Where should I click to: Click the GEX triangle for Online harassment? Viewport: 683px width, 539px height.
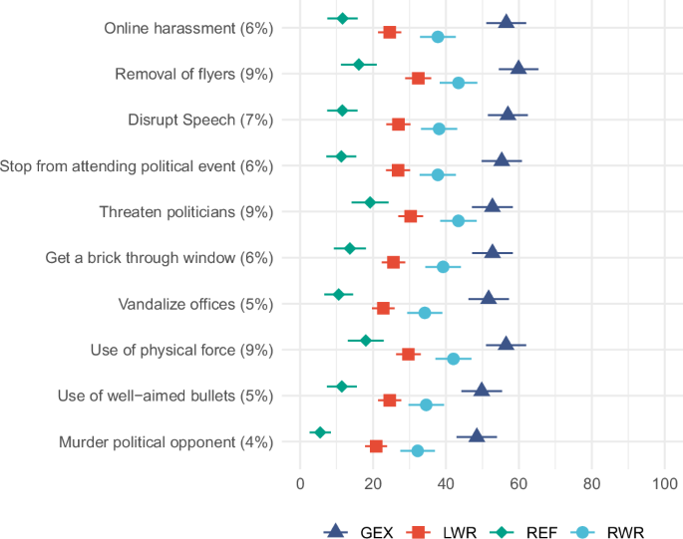pos(507,21)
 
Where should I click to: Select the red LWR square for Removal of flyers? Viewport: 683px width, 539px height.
pos(418,78)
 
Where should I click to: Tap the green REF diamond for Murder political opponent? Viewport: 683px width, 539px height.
pos(320,432)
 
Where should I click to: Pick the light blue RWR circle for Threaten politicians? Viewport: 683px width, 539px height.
pos(458,220)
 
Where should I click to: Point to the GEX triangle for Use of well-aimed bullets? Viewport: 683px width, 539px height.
pos(482,389)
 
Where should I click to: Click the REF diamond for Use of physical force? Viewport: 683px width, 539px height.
pos(366,341)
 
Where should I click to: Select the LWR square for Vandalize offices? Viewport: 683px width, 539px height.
pos(383,308)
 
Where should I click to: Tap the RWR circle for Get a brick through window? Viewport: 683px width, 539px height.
pos(443,266)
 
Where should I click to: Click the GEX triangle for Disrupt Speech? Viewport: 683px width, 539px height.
pos(508,113)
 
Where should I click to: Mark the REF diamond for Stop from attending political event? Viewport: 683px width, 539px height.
pos(341,156)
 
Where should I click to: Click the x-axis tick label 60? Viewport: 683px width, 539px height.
pos(518,484)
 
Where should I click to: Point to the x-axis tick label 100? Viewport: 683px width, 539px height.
pos(664,484)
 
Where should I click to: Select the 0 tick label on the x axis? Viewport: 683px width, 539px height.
pos(300,484)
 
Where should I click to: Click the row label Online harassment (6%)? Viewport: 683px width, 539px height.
pos(188,28)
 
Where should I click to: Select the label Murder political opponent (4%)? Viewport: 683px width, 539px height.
pos(166,441)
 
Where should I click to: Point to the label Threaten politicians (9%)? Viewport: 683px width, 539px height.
pos(186,211)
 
